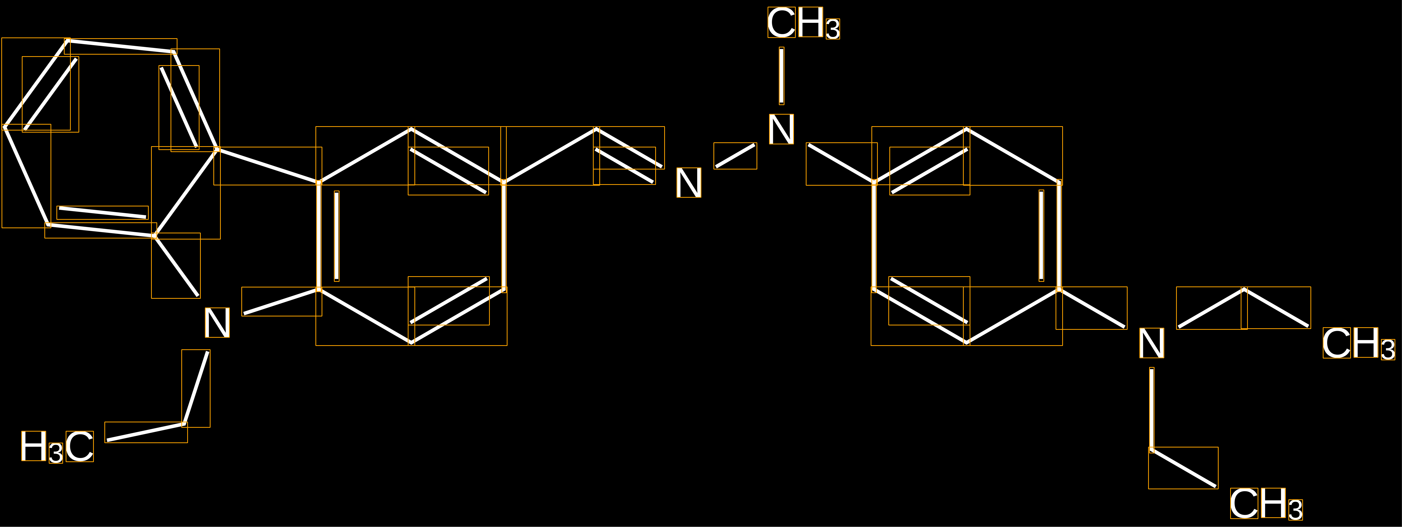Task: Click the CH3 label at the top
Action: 803,23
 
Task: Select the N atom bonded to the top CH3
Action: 781,129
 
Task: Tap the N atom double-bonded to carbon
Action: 689,182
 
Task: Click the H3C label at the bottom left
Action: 57,446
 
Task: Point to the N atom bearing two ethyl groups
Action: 1152,343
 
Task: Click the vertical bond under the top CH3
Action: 782,76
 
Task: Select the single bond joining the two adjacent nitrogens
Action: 735,156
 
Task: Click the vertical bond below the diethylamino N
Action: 1152,410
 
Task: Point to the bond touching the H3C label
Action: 146,432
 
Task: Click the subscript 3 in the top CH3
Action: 833,29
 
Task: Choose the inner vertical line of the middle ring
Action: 337,236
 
